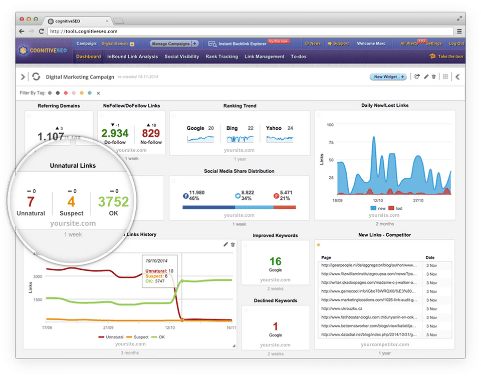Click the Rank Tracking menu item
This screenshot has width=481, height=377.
221,57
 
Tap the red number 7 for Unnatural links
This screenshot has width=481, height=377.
31,202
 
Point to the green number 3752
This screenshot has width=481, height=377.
113,202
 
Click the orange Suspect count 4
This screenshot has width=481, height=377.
71,202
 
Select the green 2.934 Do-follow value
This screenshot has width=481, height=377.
115,133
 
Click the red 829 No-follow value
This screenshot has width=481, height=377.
151,133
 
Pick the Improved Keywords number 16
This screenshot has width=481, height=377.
275,261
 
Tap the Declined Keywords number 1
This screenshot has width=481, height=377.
275,326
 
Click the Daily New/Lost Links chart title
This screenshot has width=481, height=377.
385,106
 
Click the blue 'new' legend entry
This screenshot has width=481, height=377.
377,208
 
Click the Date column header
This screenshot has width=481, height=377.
430,257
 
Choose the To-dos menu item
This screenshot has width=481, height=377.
299,57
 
